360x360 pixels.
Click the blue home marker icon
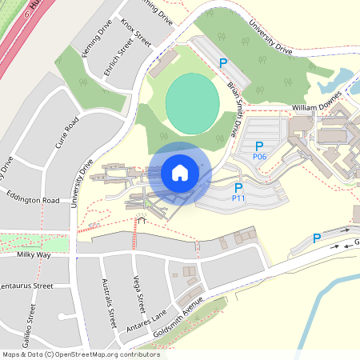(x=179, y=173)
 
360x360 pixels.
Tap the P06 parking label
(x=258, y=157)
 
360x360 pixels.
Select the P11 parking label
(x=238, y=197)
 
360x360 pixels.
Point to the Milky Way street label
(x=34, y=254)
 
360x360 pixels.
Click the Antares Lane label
(x=148, y=322)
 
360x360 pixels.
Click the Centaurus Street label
(x=26, y=286)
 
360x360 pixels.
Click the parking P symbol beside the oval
(x=224, y=62)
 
